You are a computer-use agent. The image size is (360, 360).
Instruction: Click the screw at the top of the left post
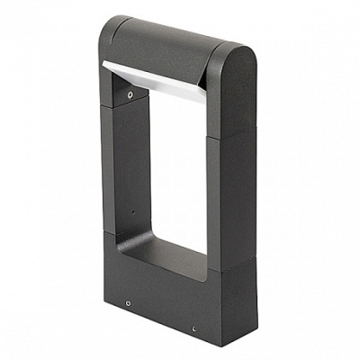(x=132, y=92)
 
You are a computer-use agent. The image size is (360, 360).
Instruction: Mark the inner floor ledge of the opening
(x=171, y=256)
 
